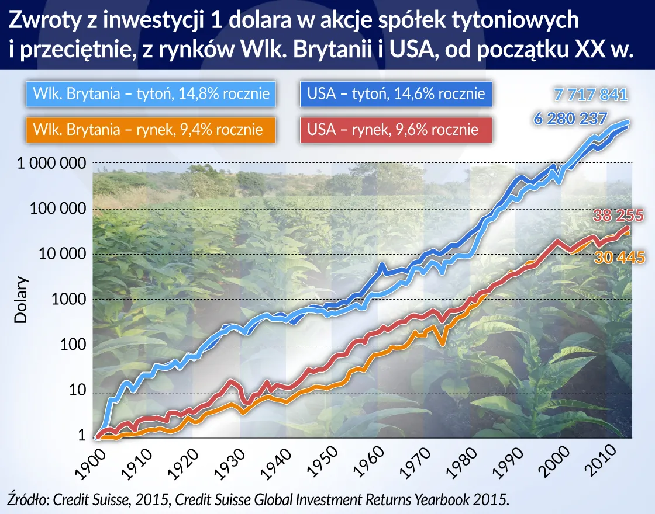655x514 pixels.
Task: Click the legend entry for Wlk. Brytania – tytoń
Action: [x=151, y=94]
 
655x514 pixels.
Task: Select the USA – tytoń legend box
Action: [x=396, y=94]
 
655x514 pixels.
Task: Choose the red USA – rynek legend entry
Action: [x=396, y=129]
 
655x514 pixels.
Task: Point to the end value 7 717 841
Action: [x=590, y=95]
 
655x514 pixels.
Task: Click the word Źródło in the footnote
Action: [x=28, y=499]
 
